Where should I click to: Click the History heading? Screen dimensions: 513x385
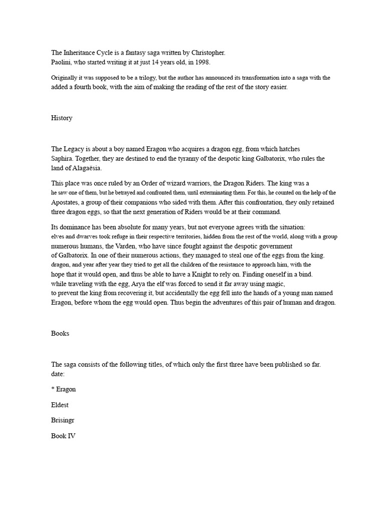point(62,118)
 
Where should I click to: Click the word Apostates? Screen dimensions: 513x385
point(67,202)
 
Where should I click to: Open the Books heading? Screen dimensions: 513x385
point(60,334)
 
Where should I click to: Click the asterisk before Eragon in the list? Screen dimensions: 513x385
point(53,389)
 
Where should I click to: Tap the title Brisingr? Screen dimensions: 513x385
point(64,420)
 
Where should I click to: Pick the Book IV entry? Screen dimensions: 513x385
point(63,436)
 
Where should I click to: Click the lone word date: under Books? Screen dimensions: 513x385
point(59,374)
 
